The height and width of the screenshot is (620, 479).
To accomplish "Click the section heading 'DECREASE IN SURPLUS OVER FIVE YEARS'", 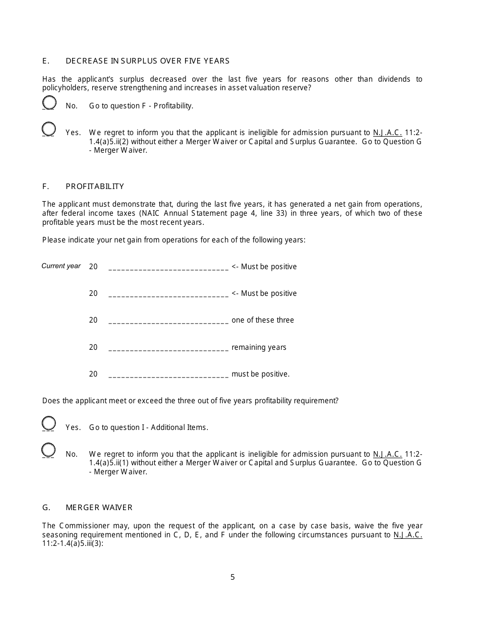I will [147, 61].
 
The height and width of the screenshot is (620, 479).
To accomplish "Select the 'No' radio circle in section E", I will [49, 103].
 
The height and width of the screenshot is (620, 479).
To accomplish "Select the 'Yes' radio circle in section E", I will [49, 129].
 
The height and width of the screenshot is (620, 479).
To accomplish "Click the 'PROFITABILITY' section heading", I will [95, 187].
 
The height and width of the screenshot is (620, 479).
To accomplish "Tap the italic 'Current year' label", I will [61, 266].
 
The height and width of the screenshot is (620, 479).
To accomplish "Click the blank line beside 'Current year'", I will [168, 268].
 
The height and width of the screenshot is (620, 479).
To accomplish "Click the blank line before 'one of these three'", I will [168, 321].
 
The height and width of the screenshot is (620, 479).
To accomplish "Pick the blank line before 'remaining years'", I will [168, 348].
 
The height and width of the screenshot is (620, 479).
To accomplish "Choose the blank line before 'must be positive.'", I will [168, 375].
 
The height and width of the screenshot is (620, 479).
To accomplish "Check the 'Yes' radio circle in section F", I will [49, 423].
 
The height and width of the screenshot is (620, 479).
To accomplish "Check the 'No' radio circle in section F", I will [49, 450].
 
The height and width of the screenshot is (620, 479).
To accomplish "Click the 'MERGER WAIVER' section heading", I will [99, 508].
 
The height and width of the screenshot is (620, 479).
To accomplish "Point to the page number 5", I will [232, 578].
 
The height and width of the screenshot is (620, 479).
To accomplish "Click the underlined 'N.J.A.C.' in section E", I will [387, 133].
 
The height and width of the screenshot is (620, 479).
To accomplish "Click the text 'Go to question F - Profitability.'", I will [141, 106].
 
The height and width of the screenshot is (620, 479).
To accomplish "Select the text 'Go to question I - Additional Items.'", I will [149, 427].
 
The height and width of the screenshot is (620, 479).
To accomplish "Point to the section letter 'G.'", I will [46, 508].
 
